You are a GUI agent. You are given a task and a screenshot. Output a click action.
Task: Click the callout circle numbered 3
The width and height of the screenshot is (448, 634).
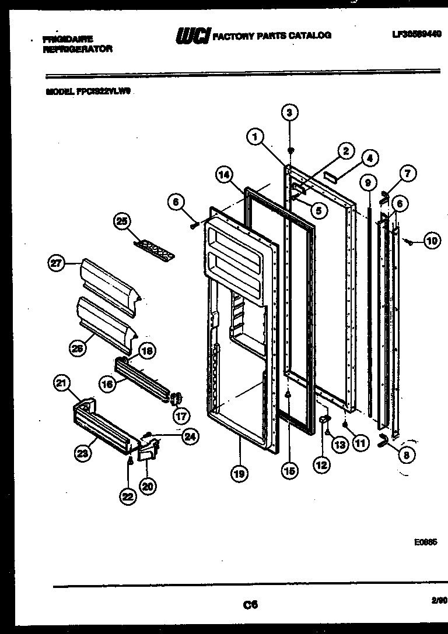coord(290,112)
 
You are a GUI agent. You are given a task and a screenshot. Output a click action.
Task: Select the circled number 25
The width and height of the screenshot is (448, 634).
coord(122,221)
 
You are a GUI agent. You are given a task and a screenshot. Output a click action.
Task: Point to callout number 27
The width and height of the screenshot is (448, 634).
coord(55,263)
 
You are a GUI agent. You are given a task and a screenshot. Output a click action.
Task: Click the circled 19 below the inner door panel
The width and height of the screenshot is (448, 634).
coord(238,474)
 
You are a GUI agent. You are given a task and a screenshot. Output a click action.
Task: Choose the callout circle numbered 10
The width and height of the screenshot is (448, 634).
coord(432,241)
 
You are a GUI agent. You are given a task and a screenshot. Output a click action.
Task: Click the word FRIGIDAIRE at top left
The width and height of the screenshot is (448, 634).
coord(68,40)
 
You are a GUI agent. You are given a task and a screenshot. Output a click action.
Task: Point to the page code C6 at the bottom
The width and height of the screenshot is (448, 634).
coord(251,605)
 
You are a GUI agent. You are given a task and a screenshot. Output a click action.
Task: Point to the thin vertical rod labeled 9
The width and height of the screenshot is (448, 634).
coord(370,303)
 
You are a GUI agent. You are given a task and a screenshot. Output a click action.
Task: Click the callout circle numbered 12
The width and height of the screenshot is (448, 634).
coord(321,465)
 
